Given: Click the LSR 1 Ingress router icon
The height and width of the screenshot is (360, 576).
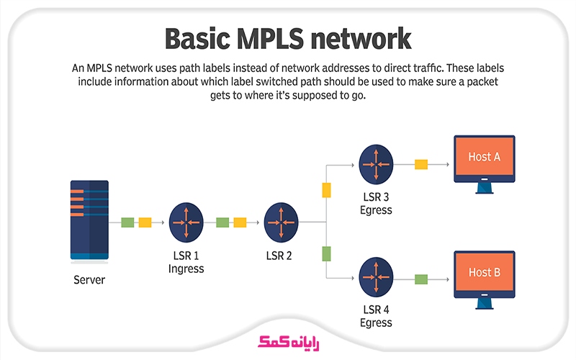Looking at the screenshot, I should tap(186, 222).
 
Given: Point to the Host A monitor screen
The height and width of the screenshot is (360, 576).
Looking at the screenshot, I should tap(484, 158).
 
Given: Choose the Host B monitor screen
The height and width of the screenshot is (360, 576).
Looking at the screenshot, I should tap(484, 272).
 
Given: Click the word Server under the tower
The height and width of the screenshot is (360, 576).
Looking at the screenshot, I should tap(89, 280).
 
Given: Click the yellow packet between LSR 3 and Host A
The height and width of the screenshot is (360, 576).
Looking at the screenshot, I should tap(421, 165).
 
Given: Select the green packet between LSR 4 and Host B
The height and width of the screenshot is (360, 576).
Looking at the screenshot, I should tap(421, 279).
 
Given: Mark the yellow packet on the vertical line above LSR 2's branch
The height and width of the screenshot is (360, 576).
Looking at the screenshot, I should tap(326, 190).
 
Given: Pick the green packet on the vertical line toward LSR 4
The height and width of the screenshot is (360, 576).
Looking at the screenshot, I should tap(326, 253).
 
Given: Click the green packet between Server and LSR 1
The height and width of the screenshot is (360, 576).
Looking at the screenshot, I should tap(128, 222).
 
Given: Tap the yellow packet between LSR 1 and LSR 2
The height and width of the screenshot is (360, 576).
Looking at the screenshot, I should tap(240, 222).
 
